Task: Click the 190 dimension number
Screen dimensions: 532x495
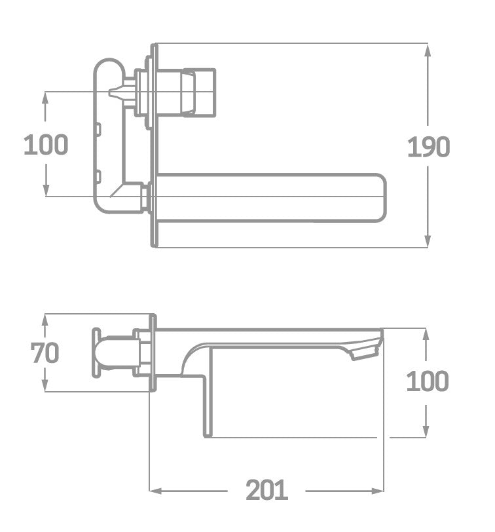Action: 429,147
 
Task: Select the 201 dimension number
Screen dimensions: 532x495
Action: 267,489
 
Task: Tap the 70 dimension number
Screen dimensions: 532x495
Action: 45,353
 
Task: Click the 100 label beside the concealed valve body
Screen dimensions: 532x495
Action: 45,144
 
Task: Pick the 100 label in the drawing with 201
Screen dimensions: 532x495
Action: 427,381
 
